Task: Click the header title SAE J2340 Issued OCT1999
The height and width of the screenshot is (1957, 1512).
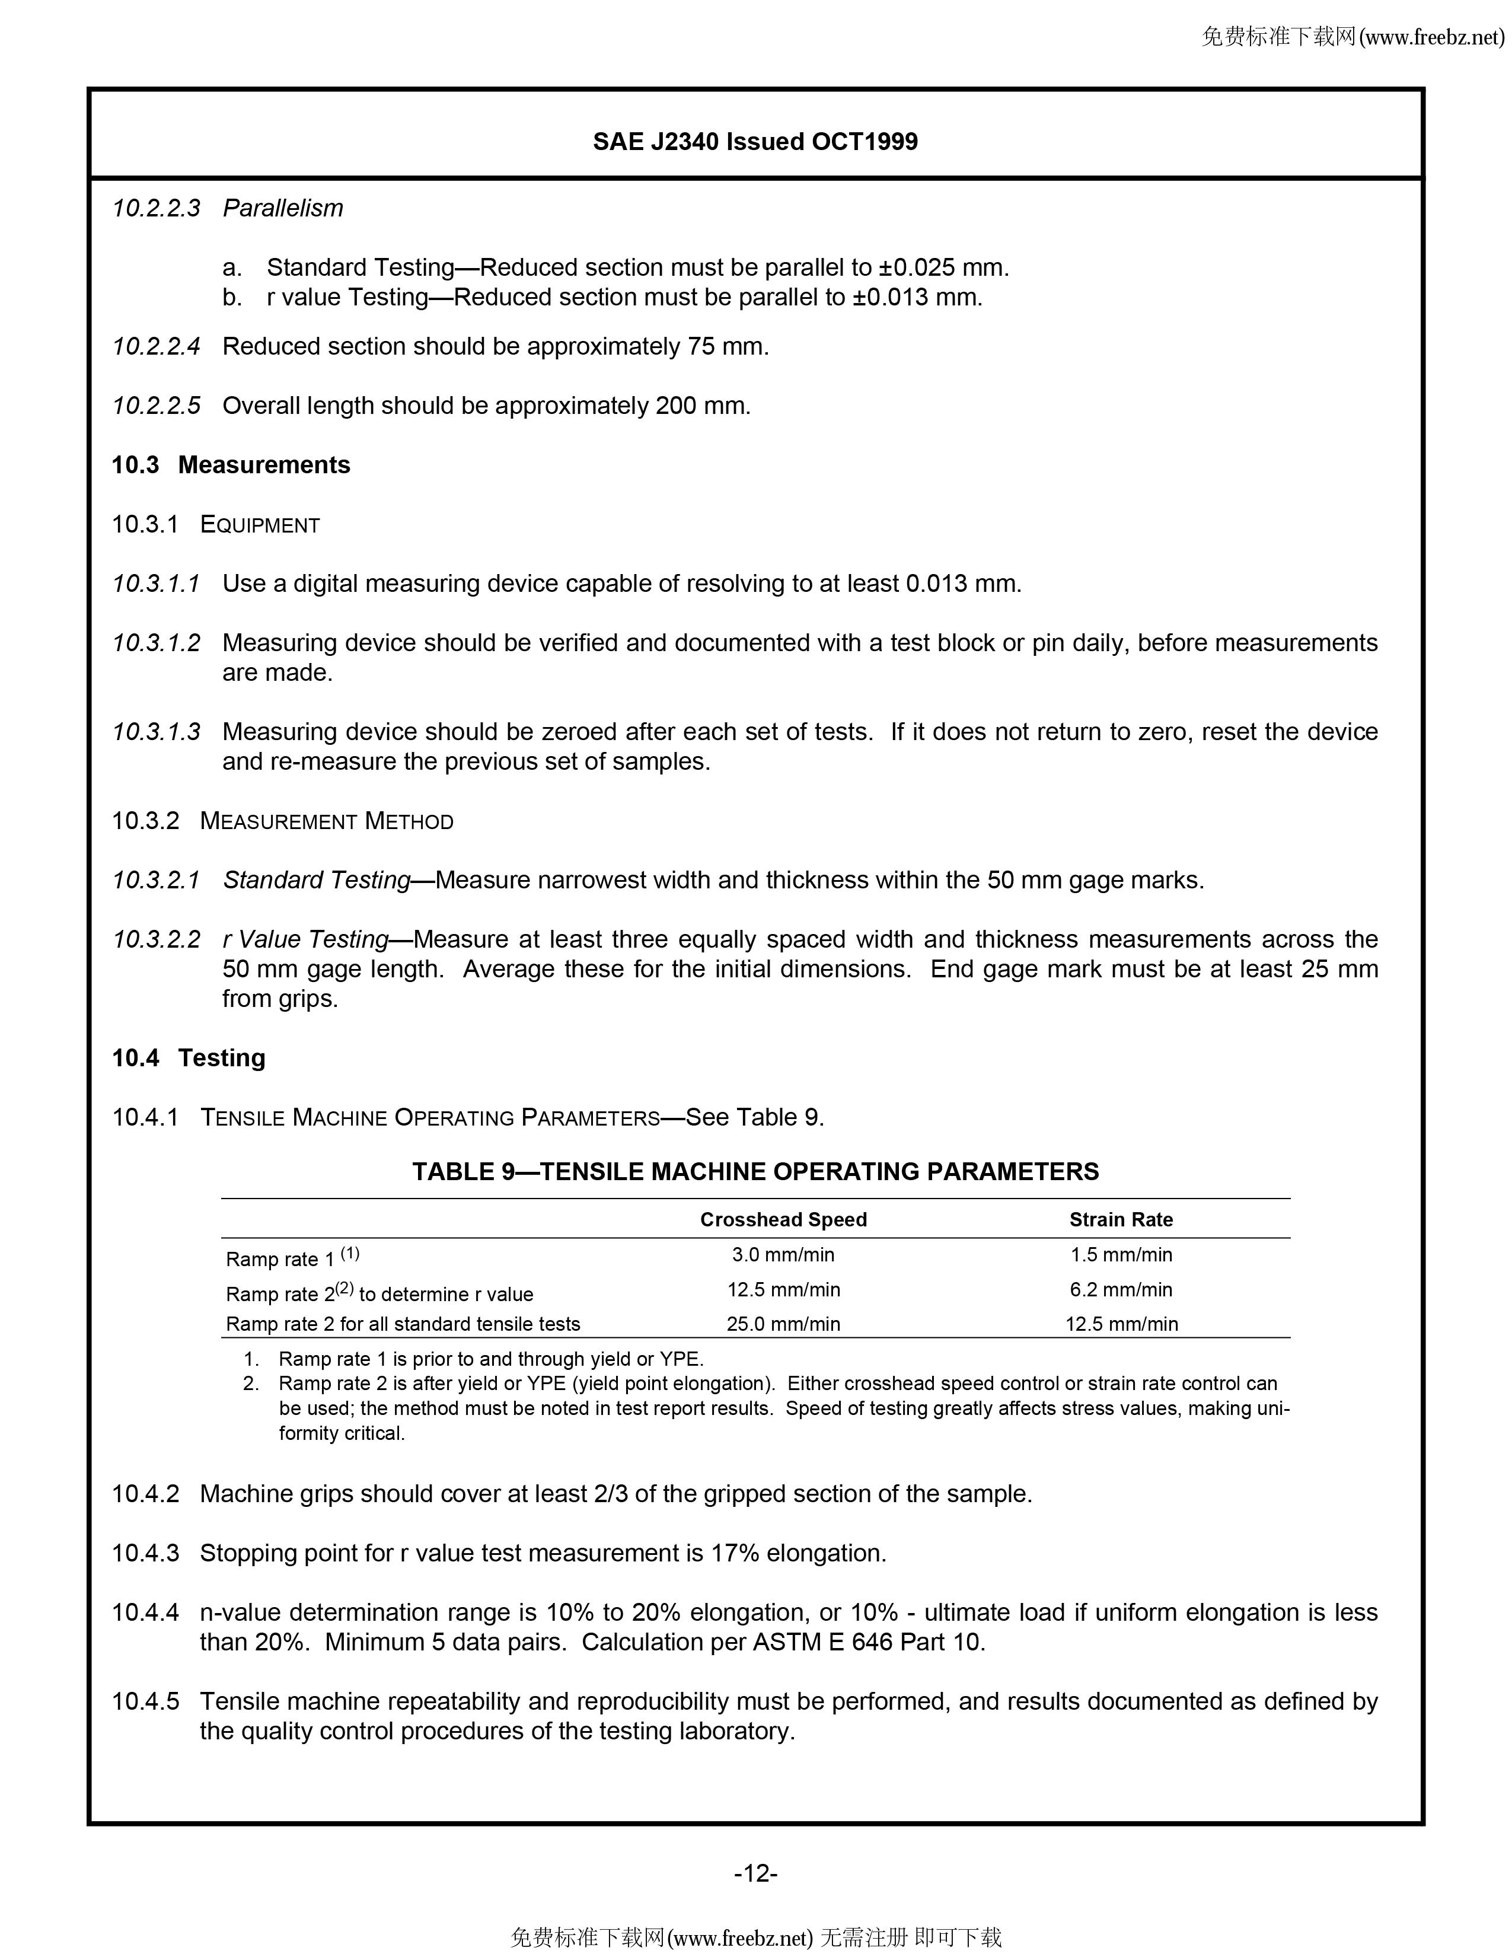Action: [755, 142]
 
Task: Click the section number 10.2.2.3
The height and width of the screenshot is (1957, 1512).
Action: [156, 208]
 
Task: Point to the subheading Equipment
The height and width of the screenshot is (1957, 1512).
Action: [260, 524]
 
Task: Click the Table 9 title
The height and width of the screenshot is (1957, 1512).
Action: [755, 1171]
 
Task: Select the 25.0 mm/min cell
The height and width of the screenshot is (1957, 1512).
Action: [783, 1324]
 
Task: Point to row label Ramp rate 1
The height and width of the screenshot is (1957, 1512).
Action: [279, 1259]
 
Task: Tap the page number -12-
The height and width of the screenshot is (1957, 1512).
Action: [755, 1873]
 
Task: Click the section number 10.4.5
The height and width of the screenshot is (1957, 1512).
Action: [145, 1701]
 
